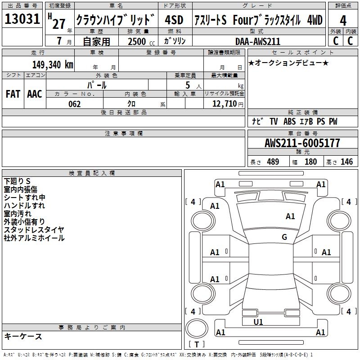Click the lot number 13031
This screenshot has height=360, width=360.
click(x=22, y=19)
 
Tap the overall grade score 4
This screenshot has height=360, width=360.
click(x=343, y=21)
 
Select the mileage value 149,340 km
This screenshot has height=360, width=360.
click(x=53, y=65)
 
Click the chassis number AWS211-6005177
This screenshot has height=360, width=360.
click(x=302, y=143)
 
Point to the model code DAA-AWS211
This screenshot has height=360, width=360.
click(x=258, y=41)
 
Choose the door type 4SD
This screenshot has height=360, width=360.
click(x=174, y=20)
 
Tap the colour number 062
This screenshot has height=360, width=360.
click(x=75, y=104)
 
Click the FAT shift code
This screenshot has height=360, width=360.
click(x=13, y=94)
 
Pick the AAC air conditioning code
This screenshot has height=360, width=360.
click(x=35, y=94)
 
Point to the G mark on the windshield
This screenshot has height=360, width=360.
click(x=284, y=237)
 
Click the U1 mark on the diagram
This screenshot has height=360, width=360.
click(x=258, y=322)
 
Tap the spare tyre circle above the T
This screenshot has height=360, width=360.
click(x=197, y=329)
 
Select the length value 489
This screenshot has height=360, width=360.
click(x=273, y=162)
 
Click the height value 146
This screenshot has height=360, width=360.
click(x=346, y=162)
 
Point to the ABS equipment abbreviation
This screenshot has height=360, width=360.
click(x=289, y=121)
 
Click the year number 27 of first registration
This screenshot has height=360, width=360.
click(x=59, y=24)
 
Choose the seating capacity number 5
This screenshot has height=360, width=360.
click(x=188, y=85)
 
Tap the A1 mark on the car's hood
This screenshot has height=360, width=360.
click(x=290, y=216)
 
